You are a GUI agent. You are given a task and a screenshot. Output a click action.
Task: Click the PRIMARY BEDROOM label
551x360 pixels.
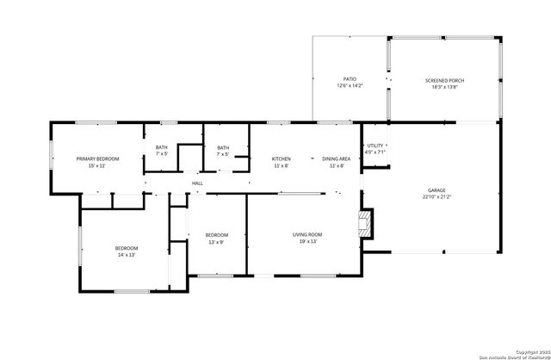96,158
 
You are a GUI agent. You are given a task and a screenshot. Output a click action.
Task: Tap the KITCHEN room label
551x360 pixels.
282,158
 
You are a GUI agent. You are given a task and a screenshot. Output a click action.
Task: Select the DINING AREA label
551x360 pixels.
336,158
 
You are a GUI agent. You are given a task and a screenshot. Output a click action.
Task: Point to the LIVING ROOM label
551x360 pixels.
307,235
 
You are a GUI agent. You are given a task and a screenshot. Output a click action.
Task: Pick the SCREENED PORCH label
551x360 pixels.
444,80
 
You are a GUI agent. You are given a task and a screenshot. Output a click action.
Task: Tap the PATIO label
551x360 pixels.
350,78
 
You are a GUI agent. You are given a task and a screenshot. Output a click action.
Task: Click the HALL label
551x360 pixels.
197,183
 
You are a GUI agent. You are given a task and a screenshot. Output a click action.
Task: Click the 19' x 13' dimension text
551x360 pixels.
307,242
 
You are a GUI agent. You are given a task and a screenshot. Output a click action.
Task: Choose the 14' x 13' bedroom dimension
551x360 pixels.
127,255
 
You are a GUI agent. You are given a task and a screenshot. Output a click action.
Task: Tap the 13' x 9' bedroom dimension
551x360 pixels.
216,242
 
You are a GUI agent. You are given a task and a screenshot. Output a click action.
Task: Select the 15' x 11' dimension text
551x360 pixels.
96,165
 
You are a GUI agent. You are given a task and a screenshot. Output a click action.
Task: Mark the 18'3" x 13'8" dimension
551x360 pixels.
444,87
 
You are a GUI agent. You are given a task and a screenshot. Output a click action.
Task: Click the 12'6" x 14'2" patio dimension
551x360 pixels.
350,85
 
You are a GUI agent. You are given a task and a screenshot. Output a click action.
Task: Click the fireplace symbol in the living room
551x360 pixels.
367,224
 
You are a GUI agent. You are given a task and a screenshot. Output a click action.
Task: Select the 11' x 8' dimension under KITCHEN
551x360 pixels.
282,165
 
